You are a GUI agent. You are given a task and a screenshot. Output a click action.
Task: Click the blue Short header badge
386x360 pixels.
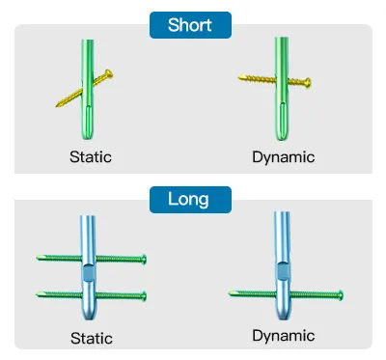[190, 25]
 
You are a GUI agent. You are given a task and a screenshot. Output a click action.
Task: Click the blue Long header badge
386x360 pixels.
[190, 200]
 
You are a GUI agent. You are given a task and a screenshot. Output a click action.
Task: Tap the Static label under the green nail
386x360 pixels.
[91, 157]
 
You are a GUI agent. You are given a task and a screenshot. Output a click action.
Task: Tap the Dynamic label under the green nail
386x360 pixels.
[284, 157]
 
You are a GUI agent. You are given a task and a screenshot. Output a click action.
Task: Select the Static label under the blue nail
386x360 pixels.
[92, 339]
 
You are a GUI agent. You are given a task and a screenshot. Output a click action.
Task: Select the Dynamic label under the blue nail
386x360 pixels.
[284, 336]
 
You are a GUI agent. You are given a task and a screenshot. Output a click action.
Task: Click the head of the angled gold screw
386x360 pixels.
[109, 74]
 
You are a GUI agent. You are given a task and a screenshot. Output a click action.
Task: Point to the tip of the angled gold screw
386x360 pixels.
[57, 105]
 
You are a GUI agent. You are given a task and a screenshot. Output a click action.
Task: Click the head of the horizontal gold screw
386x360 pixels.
[308, 83]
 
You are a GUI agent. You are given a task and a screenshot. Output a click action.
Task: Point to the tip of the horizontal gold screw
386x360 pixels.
[239, 77]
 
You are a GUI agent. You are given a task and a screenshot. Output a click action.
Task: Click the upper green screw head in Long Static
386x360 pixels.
[144, 259]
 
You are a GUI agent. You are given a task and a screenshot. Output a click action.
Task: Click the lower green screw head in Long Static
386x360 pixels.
[144, 296]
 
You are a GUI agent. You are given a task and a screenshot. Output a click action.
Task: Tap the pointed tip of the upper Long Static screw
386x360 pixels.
[37, 258]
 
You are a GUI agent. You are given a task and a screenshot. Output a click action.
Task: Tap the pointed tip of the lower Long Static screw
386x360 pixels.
[37, 293]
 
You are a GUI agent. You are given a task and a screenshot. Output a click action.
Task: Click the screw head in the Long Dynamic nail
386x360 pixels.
[341, 295]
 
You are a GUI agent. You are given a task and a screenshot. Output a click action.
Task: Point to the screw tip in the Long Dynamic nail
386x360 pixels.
[230, 293]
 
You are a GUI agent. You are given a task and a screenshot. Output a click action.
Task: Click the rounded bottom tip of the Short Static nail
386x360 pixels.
[88, 137]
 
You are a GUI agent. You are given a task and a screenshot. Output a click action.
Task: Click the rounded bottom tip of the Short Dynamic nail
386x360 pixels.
[282, 138]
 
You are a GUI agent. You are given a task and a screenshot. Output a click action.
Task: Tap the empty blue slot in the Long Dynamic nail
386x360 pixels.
[283, 271]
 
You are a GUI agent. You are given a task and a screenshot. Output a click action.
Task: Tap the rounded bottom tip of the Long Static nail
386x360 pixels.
[88, 318]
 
